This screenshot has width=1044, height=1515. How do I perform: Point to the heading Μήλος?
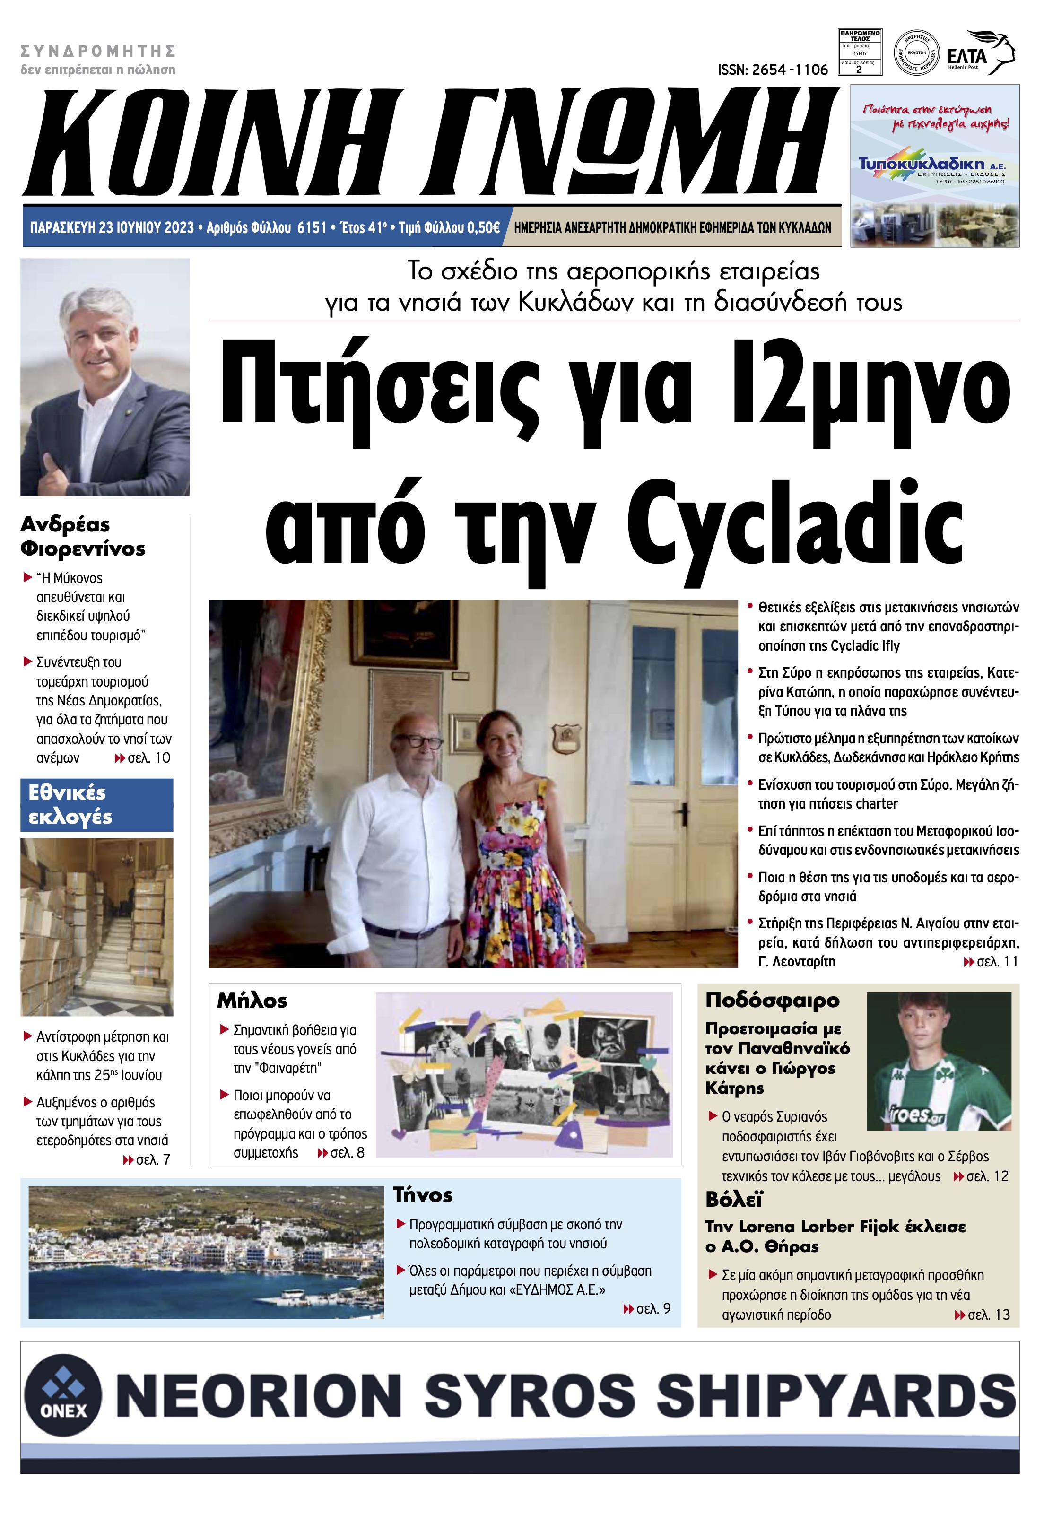(252, 1001)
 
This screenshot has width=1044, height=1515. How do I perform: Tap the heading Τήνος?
(423, 1195)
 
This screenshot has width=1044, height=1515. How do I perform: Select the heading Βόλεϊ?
(734, 1199)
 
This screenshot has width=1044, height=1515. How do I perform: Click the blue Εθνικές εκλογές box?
(97, 805)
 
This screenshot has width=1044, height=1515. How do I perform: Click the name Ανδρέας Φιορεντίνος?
(82, 536)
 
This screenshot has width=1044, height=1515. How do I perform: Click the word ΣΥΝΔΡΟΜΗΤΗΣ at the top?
(98, 51)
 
